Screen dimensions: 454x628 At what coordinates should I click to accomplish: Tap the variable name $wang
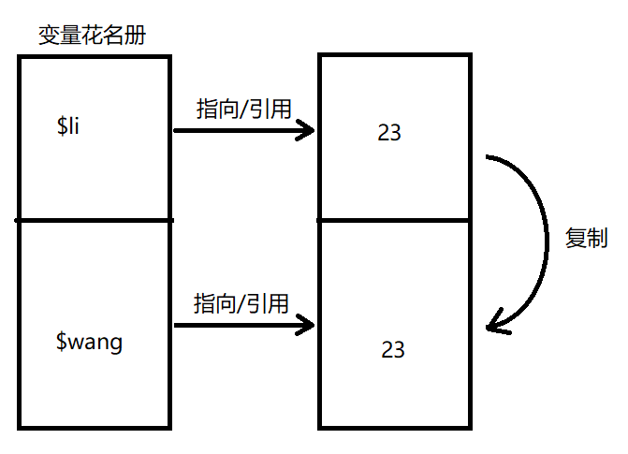coord(90,342)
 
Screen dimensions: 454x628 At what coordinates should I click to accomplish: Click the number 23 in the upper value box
coord(389,133)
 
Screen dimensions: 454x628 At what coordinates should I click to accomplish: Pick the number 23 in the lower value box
coord(393,349)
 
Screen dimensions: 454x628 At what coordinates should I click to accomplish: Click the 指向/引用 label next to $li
coord(243,109)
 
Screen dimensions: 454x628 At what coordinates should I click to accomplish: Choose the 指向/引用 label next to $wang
coord(241,303)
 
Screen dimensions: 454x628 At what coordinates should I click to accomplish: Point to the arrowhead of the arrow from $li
coord(309,130)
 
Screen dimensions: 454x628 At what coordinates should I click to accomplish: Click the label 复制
coord(587,238)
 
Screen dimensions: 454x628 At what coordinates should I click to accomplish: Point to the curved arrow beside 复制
coord(546,239)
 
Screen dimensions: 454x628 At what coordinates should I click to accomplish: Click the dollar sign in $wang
coord(62,342)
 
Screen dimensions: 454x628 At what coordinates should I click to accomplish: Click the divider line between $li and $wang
coord(94,220)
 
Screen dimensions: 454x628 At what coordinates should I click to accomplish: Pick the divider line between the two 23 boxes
coord(393,220)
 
